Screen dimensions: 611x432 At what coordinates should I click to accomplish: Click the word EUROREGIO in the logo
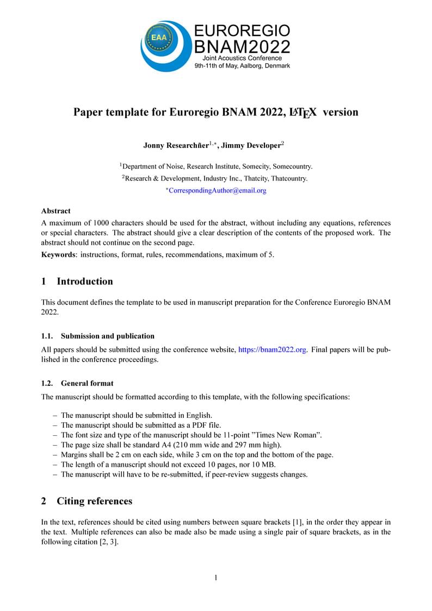[x=242, y=31]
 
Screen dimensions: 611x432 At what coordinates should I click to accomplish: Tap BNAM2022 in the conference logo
[x=242, y=47]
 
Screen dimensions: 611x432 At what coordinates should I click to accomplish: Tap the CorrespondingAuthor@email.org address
[x=217, y=190]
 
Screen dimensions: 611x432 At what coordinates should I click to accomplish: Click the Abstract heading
[x=55, y=211]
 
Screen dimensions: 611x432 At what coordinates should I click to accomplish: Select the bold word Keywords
[x=59, y=255]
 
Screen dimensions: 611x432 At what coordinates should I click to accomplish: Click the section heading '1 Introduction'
[x=77, y=281]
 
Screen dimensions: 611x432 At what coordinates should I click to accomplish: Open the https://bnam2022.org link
[x=272, y=349]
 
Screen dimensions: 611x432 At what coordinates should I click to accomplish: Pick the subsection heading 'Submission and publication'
[x=107, y=336]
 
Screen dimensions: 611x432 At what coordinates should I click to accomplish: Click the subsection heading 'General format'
[x=87, y=383]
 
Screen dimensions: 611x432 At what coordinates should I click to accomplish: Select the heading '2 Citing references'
[x=87, y=501]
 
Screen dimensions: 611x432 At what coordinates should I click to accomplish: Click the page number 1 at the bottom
[x=216, y=578]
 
